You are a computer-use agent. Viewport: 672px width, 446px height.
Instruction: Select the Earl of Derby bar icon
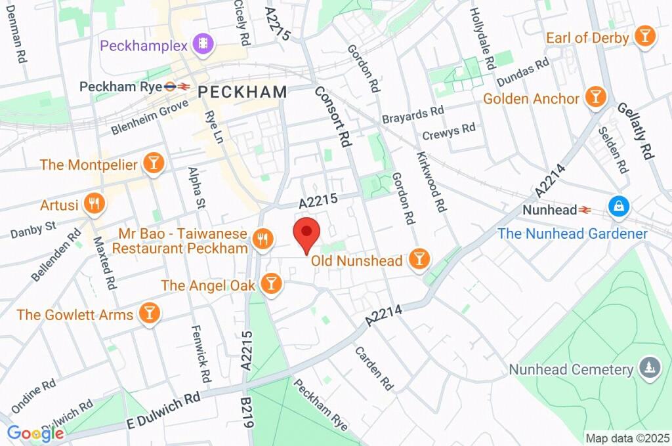(645, 37)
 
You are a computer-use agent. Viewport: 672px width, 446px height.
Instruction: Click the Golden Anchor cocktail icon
(595, 98)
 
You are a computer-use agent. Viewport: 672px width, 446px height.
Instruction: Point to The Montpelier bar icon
(153, 164)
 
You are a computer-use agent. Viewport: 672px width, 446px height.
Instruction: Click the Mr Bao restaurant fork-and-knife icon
(262, 241)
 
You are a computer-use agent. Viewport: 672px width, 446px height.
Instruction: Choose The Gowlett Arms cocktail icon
(150, 314)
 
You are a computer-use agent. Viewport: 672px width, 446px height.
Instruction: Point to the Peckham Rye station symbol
(178, 86)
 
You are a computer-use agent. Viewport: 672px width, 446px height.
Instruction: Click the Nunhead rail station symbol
(583, 210)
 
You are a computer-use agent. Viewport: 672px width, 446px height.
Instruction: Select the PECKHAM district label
(242, 92)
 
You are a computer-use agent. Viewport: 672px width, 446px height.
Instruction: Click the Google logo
(35, 433)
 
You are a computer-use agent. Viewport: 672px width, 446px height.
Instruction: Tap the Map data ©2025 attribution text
(627, 438)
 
